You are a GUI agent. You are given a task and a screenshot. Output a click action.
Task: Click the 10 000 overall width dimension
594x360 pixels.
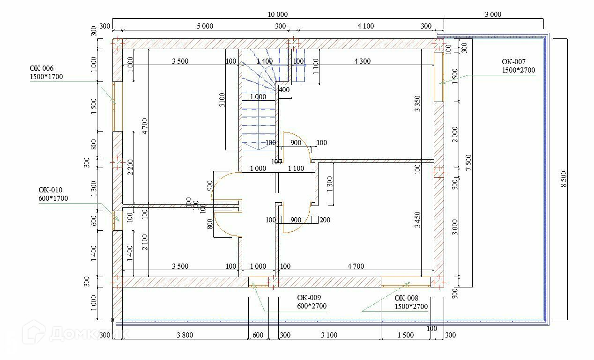pyautogui.click(x=278, y=15)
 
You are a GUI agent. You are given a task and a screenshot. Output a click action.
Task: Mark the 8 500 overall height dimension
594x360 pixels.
pyautogui.click(x=563, y=179)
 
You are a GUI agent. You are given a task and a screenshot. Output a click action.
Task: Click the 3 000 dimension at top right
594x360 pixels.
pyautogui.click(x=493, y=15)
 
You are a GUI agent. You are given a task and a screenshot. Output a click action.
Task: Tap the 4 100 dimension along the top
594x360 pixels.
pyautogui.click(x=365, y=26)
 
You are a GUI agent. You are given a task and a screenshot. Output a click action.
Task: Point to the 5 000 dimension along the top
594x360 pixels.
pyautogui.click(x=205, y=26)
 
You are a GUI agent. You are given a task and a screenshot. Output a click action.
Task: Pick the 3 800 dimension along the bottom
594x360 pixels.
pyautogui.click(x=186, y=335)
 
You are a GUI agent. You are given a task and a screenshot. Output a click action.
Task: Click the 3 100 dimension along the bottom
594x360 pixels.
pyautogui.click(x=329, y=335)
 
